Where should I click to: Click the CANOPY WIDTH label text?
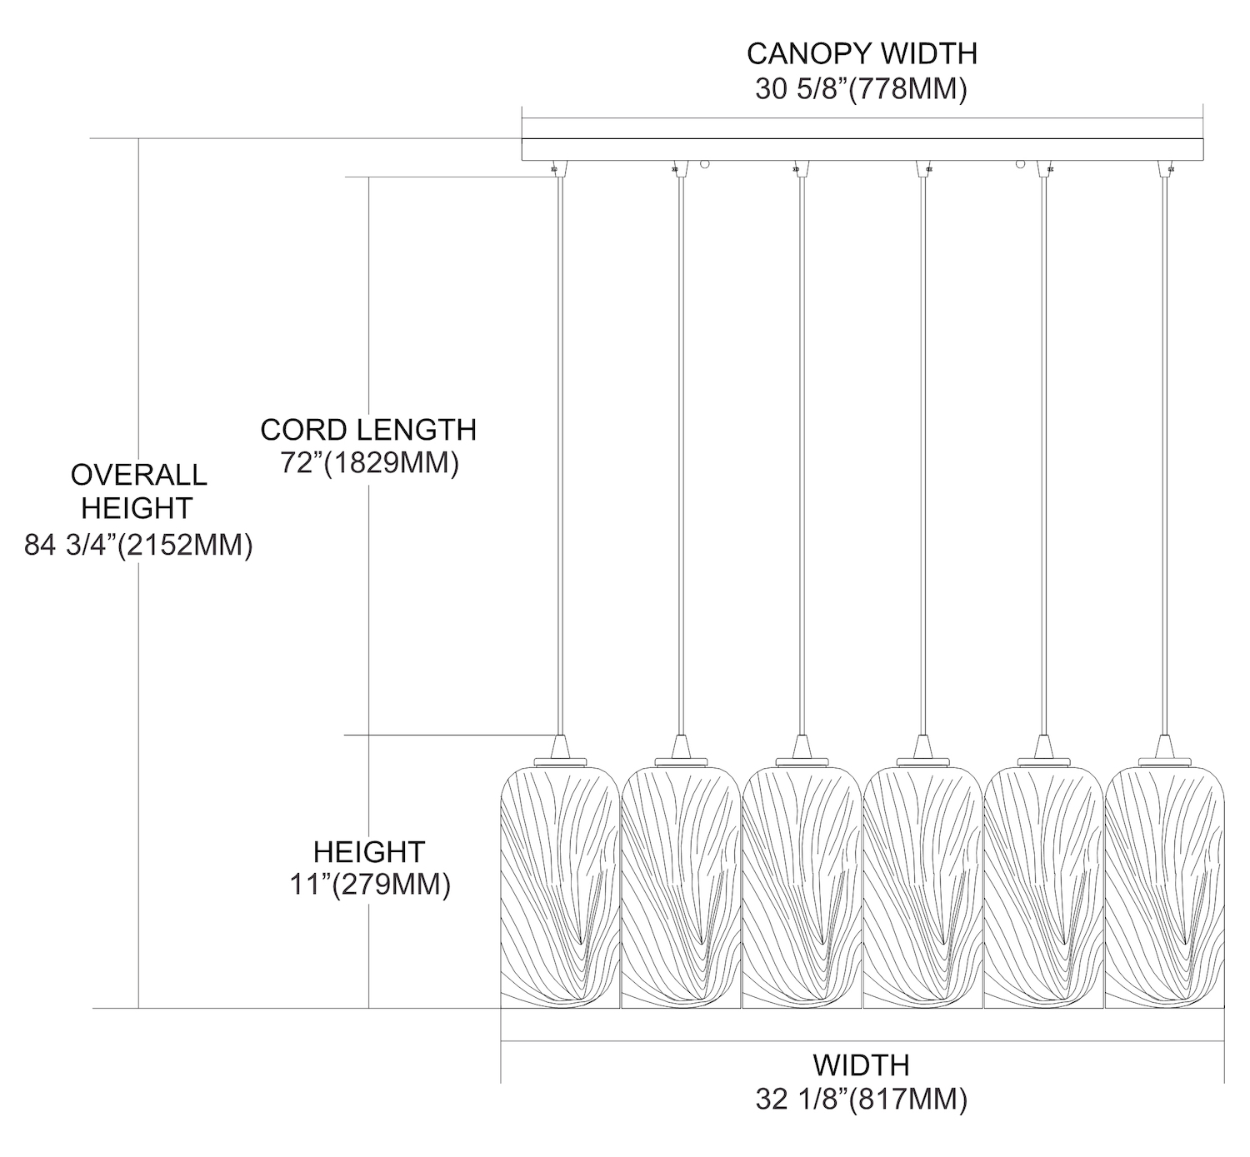[861, 53]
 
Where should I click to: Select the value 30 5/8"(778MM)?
[861, 88]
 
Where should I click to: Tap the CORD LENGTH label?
[368, 430]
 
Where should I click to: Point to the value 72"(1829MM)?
[369, 463]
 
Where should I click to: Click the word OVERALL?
[138, 475]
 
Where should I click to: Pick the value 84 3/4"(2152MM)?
[138, 546]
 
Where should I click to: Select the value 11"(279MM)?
[369, 885]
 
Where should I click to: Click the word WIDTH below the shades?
[861, 1065]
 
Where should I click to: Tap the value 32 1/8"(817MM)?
[861, 1100]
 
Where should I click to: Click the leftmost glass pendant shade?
[559, 887]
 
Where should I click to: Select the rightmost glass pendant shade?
[1164, 887]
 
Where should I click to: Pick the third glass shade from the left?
[801, 887]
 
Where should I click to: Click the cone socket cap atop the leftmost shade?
[560, 745]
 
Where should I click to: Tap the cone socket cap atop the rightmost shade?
[1164, 745]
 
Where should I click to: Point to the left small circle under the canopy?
[705, 165]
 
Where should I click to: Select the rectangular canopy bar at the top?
[862, 149]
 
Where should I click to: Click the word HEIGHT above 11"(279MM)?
[369, 851]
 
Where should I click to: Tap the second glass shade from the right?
[1043, 887]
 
